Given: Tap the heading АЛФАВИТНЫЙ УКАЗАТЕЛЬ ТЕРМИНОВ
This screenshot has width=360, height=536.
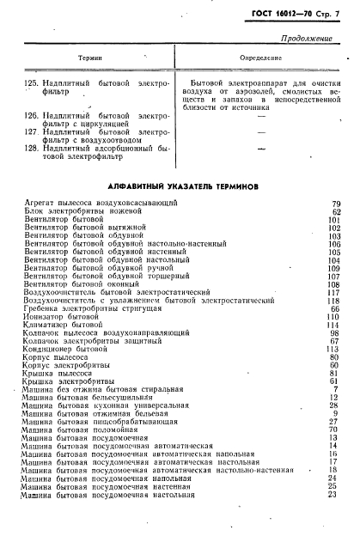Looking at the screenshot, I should (x=180, y=186).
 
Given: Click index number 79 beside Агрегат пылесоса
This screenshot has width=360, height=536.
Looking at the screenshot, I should (x=336, y=203).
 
